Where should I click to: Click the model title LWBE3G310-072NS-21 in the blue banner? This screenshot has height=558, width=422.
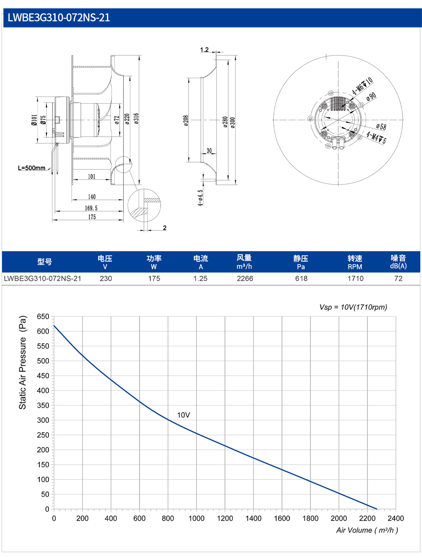58,18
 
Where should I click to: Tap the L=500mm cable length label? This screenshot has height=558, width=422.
31,168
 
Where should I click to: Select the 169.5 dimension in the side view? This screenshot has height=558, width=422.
91,208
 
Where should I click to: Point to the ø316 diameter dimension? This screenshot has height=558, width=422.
137,119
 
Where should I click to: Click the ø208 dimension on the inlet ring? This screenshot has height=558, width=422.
186,120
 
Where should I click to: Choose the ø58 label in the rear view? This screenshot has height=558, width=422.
381,126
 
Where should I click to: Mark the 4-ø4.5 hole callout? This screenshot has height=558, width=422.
201,198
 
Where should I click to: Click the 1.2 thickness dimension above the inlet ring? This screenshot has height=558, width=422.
204,50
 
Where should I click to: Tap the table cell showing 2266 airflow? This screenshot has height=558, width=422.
245,278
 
